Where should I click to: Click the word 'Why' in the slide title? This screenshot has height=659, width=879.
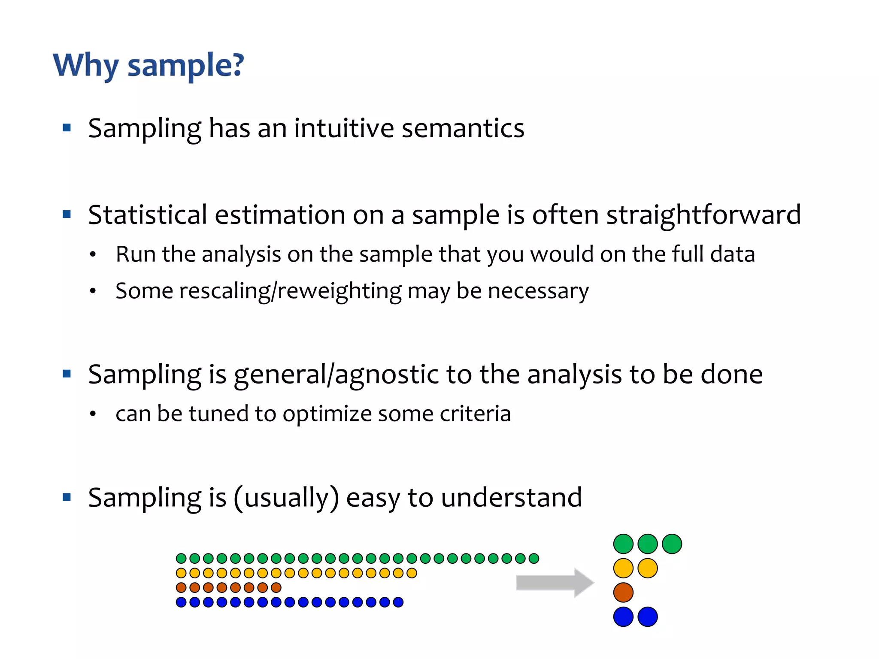tap(85, 65)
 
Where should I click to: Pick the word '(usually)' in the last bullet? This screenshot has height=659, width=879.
tap(286, 498)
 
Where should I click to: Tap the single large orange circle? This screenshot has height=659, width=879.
tap(623, 592)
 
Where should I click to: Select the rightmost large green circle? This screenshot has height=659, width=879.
tap(672, 544)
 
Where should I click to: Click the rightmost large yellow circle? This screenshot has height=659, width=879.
tap(648, 568)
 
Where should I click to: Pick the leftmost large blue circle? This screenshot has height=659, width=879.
tap(623, 617)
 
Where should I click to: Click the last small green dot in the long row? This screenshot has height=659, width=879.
tap(533, 558)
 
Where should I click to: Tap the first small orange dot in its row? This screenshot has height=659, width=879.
tap(181, 587)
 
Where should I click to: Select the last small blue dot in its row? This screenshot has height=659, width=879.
tap(398, 602)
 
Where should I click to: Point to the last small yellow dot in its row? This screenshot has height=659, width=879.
tap(412, 573)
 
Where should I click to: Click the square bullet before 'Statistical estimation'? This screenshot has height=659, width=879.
tap(67, 214)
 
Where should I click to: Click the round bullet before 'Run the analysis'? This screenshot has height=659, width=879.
tap(93, 255)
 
